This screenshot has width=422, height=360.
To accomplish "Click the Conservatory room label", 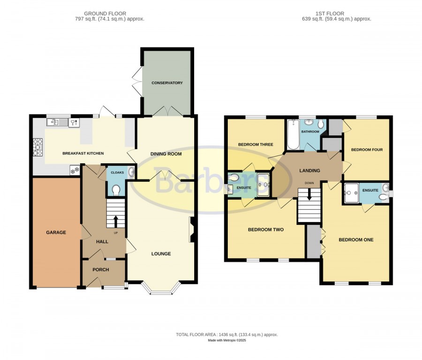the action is click(167, 83).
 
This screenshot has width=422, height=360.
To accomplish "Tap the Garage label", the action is click(56, 232).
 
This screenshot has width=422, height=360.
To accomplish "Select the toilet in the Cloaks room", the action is click(116, 190).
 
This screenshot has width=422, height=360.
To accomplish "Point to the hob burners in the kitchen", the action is click(38, 147).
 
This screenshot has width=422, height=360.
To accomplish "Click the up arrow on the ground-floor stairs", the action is click(116, 222).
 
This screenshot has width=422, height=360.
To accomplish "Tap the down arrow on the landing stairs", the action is click(309, 194).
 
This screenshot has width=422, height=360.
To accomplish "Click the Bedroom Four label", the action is click(367, 150).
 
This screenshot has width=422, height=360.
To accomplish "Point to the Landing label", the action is click(310, 170).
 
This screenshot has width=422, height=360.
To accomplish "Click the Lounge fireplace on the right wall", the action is click(192, 230).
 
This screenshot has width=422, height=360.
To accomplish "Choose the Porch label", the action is click(101, 269).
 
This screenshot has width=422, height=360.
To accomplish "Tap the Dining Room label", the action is click(166, 154).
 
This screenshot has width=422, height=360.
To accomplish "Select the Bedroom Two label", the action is click(266, 230).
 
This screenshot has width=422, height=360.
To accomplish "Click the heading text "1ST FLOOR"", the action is click(330, 14).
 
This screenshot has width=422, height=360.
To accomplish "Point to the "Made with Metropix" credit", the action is click(227, 340).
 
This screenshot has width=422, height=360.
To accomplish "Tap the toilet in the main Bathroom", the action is click(321, 124).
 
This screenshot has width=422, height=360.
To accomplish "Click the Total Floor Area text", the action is click(227, 335).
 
